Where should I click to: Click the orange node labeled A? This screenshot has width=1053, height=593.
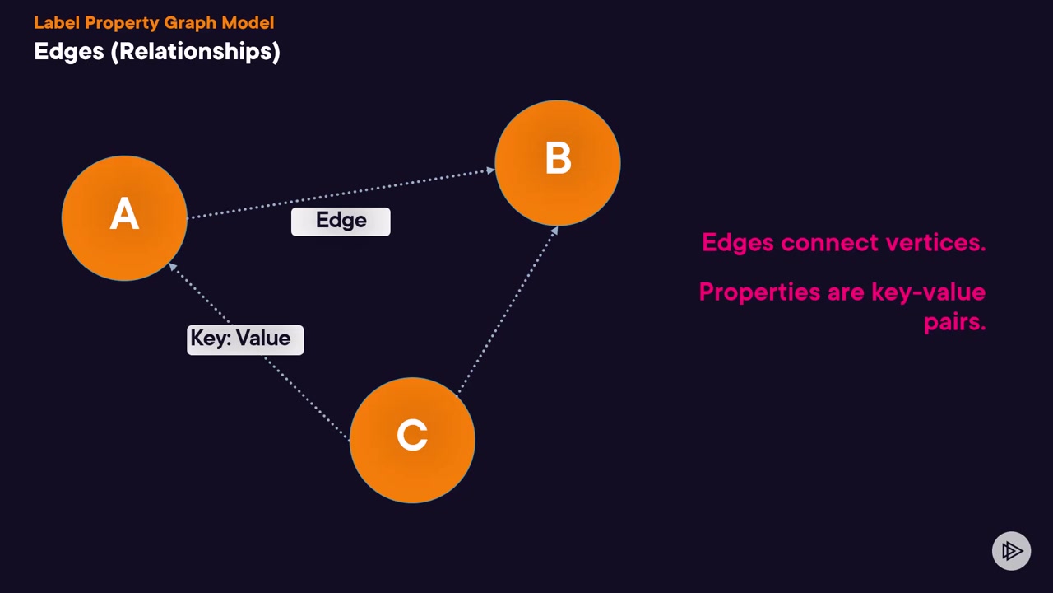coord(124,218)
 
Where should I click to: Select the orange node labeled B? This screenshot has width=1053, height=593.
coord(558,163)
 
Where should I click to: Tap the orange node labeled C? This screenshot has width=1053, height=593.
coord(412,440)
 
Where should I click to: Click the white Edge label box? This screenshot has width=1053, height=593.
coord(341,222)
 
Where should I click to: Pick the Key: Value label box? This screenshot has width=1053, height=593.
coord(245,340)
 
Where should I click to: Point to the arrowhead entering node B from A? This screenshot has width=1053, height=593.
coord(491,170)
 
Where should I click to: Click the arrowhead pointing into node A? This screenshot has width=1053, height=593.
coord(173,267)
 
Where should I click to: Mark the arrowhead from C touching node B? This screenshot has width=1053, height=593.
coord(554,231)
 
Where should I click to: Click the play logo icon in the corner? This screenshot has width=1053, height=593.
coord(1012,551)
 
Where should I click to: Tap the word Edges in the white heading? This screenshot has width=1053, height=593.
coord(69,51)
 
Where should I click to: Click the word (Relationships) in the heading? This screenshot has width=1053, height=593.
coord(195,51)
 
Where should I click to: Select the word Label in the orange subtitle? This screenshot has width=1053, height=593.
coord(57,22)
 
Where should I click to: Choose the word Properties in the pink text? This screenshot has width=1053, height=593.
coord(759,292)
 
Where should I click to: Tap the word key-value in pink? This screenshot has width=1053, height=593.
coord(929,292)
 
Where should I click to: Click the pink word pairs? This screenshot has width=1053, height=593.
coord(955,323)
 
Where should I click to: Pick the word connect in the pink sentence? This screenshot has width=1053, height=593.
coord(830,243)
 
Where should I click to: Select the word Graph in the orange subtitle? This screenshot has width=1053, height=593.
coord(190,22)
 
